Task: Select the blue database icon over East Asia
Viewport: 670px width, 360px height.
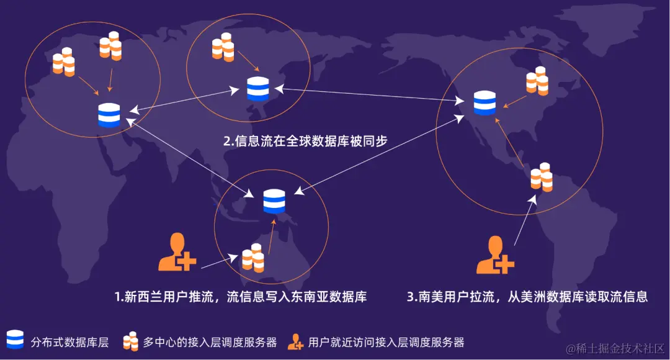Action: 257,89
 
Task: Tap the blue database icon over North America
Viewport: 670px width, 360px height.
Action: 485,103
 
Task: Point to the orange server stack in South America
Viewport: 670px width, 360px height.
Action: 542,176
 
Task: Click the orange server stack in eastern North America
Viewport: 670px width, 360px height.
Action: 537,81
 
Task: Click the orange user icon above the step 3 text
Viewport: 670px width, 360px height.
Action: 494,255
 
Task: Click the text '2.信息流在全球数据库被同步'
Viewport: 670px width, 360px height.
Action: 305,141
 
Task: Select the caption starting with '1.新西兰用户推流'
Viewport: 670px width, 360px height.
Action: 240,297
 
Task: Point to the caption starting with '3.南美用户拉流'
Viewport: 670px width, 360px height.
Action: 527,297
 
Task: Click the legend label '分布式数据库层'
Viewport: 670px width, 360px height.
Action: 69,341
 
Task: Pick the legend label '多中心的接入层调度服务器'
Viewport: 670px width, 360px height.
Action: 210,341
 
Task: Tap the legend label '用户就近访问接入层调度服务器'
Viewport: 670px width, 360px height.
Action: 386,341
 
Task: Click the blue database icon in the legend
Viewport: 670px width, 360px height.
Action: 15,340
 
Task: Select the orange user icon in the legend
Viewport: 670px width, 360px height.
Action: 295,341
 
